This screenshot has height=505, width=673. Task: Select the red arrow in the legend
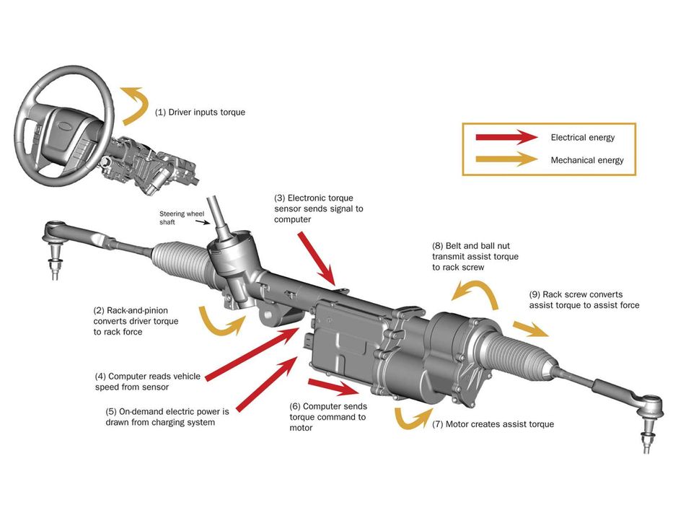click(506, 137)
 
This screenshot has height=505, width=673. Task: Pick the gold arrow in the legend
click(506, 160)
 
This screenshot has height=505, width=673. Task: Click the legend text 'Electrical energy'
click(582, 137)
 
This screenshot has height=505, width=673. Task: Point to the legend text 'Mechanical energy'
click(586, 160)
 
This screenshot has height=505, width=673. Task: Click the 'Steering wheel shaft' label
click(177, 218)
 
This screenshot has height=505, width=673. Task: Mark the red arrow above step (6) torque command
click(333, 387)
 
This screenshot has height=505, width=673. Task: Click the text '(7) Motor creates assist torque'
click(493, 424)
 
